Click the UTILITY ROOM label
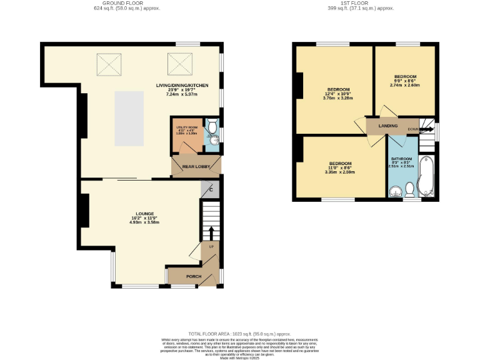(x=186, y=128)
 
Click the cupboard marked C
(x=211, y=190)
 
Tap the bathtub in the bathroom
(x=426, y=177)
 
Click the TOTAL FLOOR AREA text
(x=239, y=334)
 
